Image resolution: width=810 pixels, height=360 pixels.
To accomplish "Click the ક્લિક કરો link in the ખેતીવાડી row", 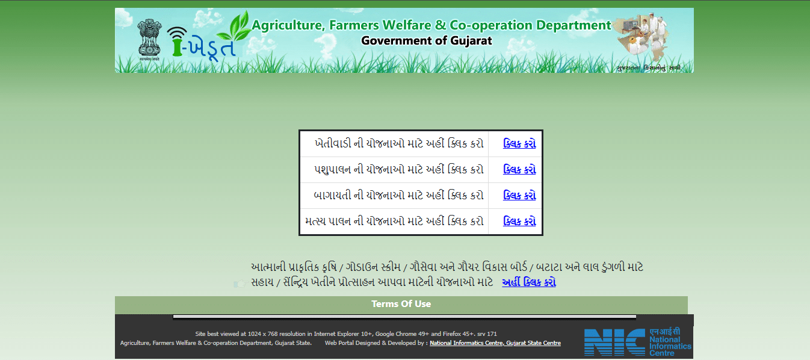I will [x=519, y=144].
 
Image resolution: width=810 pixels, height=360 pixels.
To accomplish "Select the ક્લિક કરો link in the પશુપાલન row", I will [x=519, y=170].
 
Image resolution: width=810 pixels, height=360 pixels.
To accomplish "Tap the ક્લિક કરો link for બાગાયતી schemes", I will [x=519, y=196].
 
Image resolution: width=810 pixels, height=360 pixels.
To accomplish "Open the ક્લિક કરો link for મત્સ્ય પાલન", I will [x=519, y=222].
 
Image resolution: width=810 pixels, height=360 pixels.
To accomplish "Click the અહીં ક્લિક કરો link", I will [x=528, y=282].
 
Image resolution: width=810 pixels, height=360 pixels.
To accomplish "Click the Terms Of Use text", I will [x=401, y=304].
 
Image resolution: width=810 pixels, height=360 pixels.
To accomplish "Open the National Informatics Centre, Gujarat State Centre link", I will [x=495, y=343].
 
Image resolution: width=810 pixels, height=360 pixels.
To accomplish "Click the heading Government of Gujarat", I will [x=426, y=41].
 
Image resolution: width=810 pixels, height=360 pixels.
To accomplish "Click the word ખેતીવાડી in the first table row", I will [x=338, y=144].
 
